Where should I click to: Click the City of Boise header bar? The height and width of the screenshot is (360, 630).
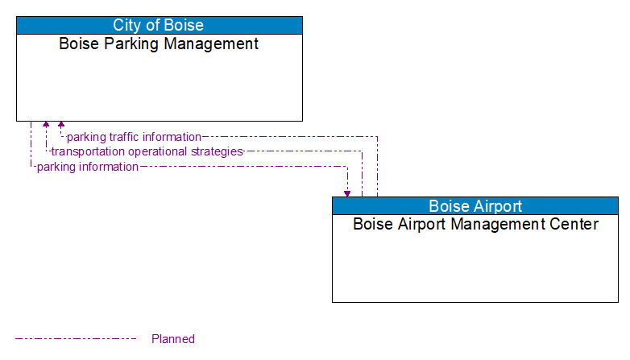pyautogui.click(x=159, y=25)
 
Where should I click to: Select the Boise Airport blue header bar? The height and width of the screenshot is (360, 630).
pyautogui.click(x=475, y=205)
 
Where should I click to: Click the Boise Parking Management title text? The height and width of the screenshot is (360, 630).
pyautogui.click(x=159, y=43)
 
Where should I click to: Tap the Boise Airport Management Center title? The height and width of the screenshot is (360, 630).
pyautogui.click(x=475, y=224)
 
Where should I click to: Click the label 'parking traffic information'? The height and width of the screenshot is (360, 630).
pyautogui.click(x=134, y=137)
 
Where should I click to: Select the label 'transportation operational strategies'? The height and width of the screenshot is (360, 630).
pyautogui.click(x=147, y=151)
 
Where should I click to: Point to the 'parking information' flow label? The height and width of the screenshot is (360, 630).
pyautogui.click(x=87, y=167)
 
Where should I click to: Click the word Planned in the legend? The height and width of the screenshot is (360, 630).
pyautogui.click(x=173, y=339)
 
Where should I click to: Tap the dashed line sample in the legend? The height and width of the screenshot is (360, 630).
pyautogui.click(x=76, y=339)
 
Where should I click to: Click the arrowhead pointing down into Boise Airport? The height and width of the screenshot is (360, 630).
pyautogui.click(x=347, y=192)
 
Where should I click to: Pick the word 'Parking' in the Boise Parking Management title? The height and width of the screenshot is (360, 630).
pyautogui.click(x=130, y=43)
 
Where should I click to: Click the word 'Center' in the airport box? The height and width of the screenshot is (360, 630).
pyautogui.click(x=574, y=224)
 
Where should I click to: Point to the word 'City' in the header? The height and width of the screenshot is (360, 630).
pyautogui.click(x=127, y=25)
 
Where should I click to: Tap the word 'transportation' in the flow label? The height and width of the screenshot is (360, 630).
pyautogui.click(x=87, y=151)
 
